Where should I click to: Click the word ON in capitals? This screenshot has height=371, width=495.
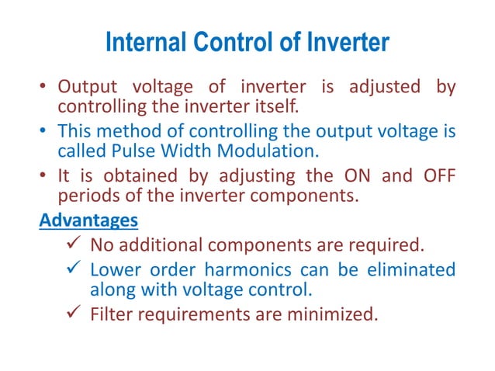click(338, 175)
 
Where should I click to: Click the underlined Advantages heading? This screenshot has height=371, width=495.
click(88, 220)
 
